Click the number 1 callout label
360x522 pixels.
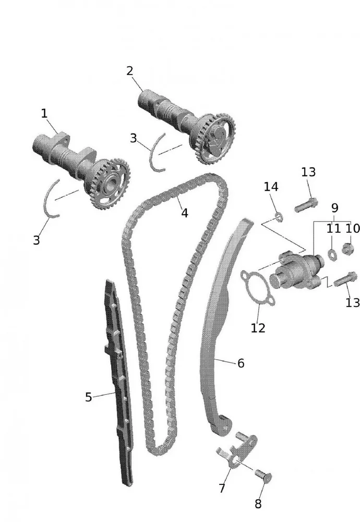click(44, 113)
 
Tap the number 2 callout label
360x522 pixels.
click(130, 71)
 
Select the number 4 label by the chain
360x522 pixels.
click(184, 213)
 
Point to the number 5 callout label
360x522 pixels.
click(88, 397)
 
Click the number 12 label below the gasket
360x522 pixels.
click(258, 328)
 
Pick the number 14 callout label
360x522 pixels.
click(271, 187)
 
